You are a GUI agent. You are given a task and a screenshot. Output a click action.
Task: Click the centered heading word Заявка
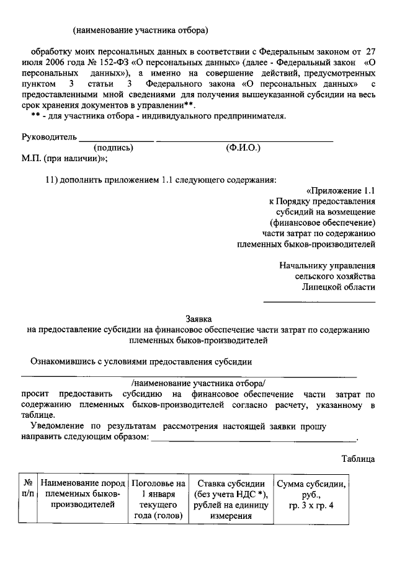[x=198, y=317]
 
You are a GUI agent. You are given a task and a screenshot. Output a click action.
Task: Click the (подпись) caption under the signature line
[x=114, y=148]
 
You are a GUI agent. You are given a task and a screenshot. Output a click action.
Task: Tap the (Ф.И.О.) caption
[x=244, y=148]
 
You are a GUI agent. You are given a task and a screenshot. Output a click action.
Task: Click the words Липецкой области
[x=339, y=287]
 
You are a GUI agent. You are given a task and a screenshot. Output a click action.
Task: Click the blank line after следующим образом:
[x=254, y=439]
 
